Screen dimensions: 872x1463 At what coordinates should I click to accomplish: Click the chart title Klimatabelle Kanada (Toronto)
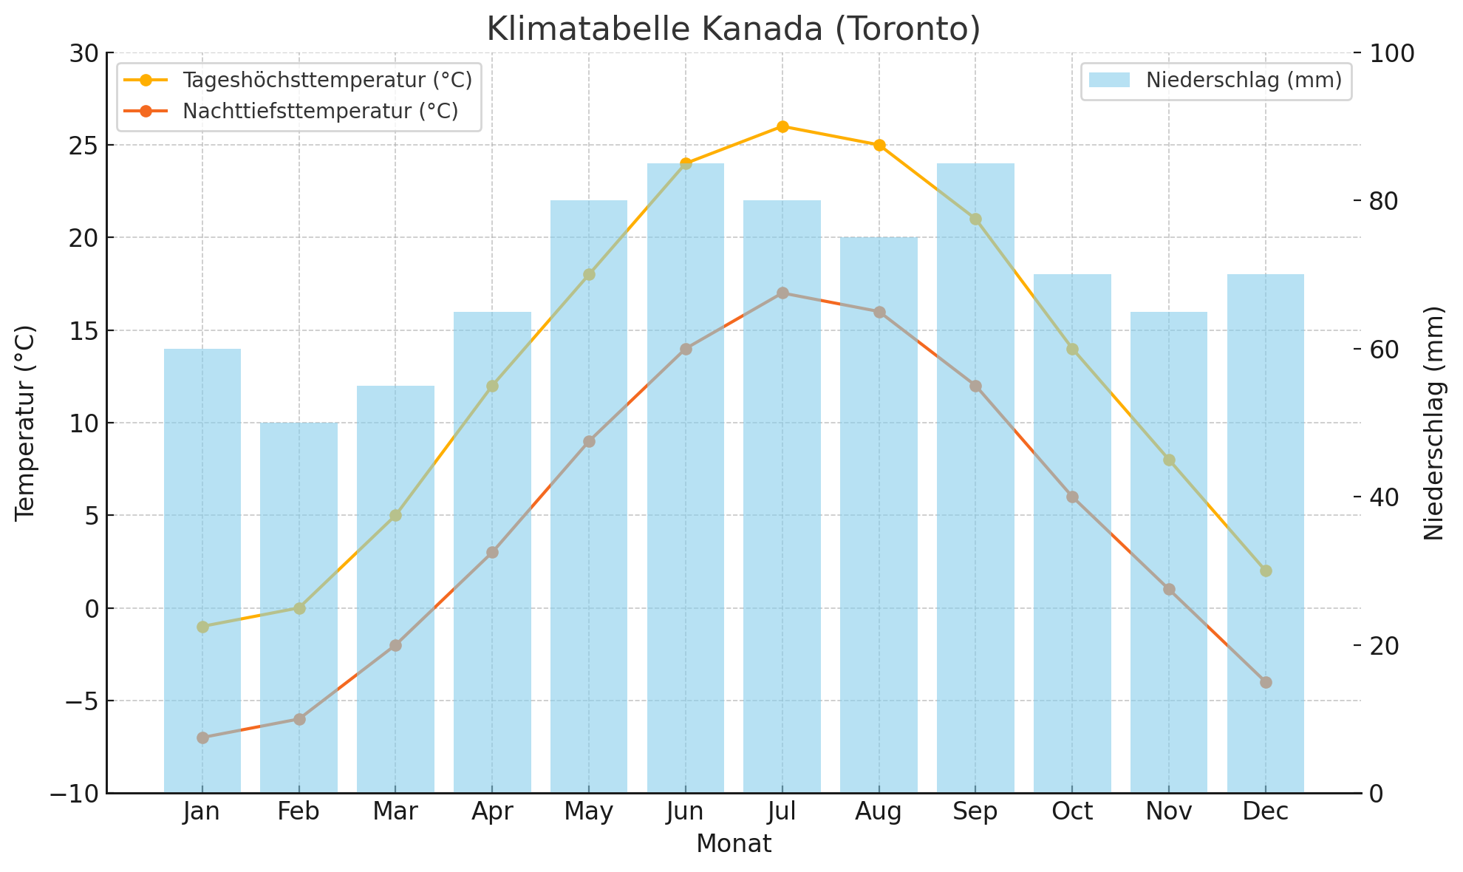click(733, 30)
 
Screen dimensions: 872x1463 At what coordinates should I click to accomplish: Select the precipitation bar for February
click(299, 606)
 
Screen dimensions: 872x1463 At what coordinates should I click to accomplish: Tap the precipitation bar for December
click(1265, 532)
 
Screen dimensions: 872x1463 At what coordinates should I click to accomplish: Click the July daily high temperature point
click(782, 126)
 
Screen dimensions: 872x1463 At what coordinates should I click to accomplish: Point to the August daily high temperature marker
click(879, 145)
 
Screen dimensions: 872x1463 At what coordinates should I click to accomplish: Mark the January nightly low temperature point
click(202, 738)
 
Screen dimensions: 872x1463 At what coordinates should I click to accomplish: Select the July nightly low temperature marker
click(782, 293)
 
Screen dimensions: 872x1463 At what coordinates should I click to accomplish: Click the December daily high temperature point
click(1266, 570)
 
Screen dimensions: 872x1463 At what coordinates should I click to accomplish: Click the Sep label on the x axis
click(975, 812)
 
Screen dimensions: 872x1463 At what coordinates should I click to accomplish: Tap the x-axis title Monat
click(733, 844)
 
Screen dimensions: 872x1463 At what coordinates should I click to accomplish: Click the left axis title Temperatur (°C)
click(25, 423)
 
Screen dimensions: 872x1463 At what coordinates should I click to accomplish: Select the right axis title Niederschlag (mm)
click(1433, 423)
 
